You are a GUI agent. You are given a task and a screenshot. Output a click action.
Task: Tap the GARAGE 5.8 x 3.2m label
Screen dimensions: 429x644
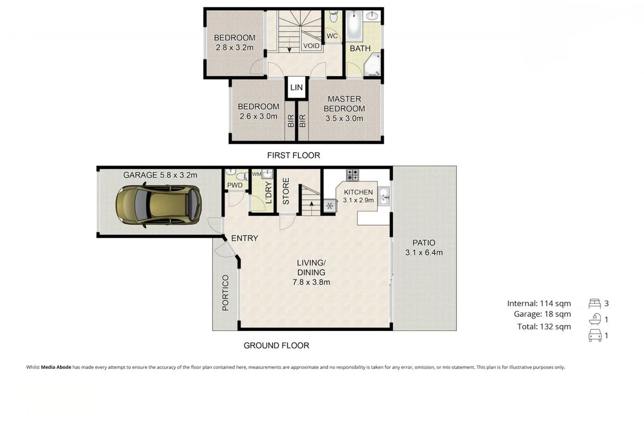[160, 175]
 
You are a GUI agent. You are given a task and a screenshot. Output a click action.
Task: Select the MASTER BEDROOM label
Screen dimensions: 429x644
[344, 103]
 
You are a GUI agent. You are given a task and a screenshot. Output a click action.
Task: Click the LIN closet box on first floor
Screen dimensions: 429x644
[296, 87]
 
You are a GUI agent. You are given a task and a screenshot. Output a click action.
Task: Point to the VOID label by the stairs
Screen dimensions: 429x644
[311, 46]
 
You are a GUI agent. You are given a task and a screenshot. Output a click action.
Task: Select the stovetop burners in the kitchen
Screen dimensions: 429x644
[353, 174]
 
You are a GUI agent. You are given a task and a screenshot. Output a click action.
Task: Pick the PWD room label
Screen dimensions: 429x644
[235, 186]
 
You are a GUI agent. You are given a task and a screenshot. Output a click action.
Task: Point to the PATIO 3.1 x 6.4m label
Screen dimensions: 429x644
[424, 247]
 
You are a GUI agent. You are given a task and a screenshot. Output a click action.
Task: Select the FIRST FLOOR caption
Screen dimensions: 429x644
[293, 156]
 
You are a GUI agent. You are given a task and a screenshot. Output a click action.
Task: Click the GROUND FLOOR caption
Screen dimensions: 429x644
[276, 345]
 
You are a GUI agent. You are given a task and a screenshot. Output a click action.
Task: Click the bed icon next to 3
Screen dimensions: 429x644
[594, 304]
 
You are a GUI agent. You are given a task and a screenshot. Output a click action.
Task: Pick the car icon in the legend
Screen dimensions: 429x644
[594, 336]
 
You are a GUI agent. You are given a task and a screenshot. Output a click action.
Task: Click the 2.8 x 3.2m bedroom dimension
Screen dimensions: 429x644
[235, 47]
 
